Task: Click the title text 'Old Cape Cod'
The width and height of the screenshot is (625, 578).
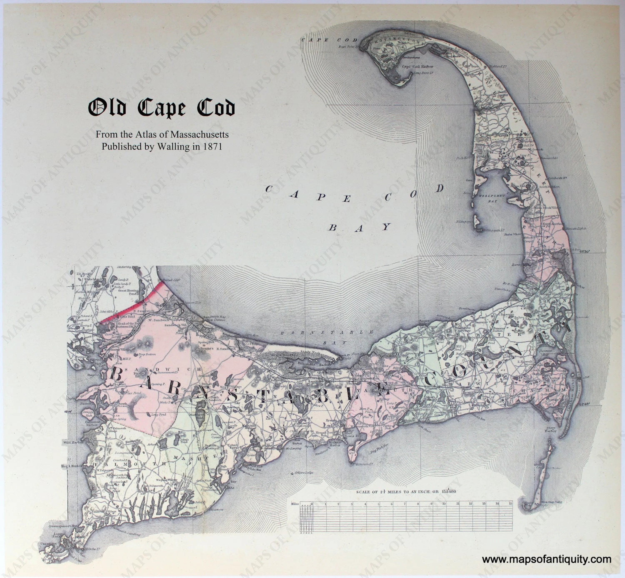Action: (161, 108)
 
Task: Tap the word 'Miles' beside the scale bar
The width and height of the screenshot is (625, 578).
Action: (295, 504)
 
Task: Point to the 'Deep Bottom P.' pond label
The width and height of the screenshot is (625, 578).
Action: (145, 355)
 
